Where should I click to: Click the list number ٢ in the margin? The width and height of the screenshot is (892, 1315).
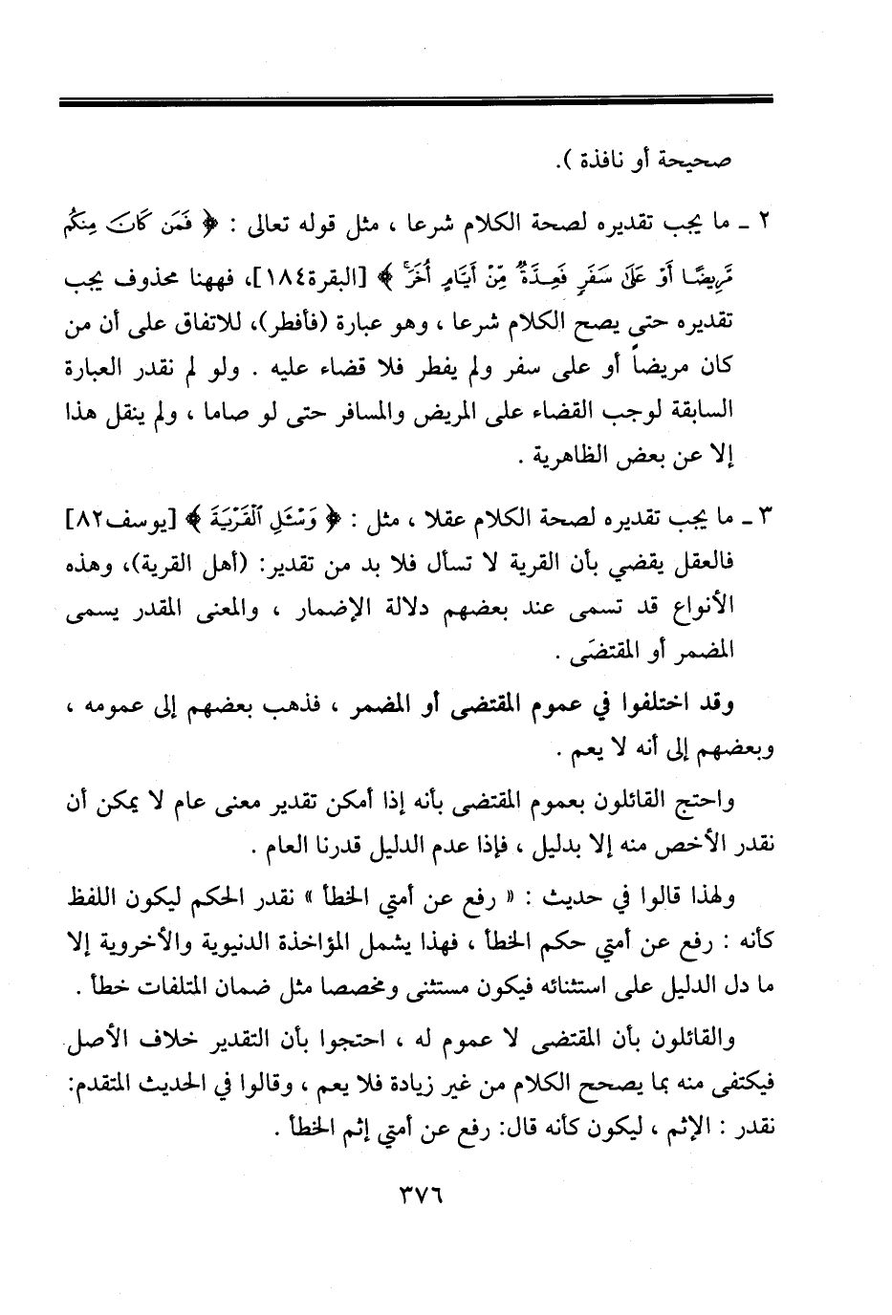click(764, 227)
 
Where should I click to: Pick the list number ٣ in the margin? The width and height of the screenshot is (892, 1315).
click(764, 523)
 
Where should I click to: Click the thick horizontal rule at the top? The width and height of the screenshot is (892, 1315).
click(415, 99)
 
